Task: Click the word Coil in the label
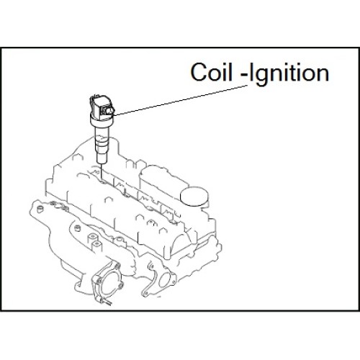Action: (212, 72)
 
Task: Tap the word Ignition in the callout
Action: (289, 73)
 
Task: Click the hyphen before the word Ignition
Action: (244, 76)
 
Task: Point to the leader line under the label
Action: (180, 100)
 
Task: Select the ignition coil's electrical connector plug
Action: (108, 111)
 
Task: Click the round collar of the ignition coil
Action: (101, 121)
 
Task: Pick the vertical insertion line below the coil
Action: (102, 171)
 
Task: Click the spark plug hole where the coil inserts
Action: (103, 181)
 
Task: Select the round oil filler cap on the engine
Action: (194, 197)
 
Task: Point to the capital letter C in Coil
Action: (199, 72)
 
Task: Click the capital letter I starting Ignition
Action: (251, 72)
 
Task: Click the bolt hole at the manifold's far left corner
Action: (40, 209)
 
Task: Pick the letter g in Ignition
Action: (262, 77)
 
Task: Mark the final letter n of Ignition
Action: (323, 74)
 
